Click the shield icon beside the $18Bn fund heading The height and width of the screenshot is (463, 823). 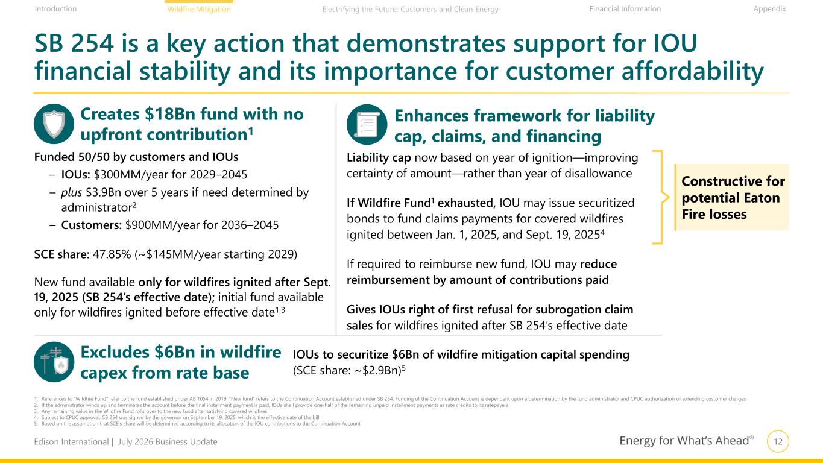(54, 124)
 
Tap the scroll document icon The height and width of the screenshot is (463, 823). (367, 125)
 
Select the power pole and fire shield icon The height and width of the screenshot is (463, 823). (54, 362)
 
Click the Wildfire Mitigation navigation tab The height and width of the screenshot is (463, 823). (199, 9)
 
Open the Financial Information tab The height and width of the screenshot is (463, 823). (625, 9)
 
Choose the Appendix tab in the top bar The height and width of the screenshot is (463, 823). (769, 9)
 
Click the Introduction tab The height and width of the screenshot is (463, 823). (55, 9)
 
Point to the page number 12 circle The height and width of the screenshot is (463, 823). (778, 441)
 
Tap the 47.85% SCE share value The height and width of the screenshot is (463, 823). (112, 254)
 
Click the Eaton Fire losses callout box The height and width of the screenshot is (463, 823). (731, 197)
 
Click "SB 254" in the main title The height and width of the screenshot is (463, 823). (74, 43)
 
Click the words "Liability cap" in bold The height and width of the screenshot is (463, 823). (379, 157)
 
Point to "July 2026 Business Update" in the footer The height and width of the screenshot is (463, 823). (168, 441)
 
